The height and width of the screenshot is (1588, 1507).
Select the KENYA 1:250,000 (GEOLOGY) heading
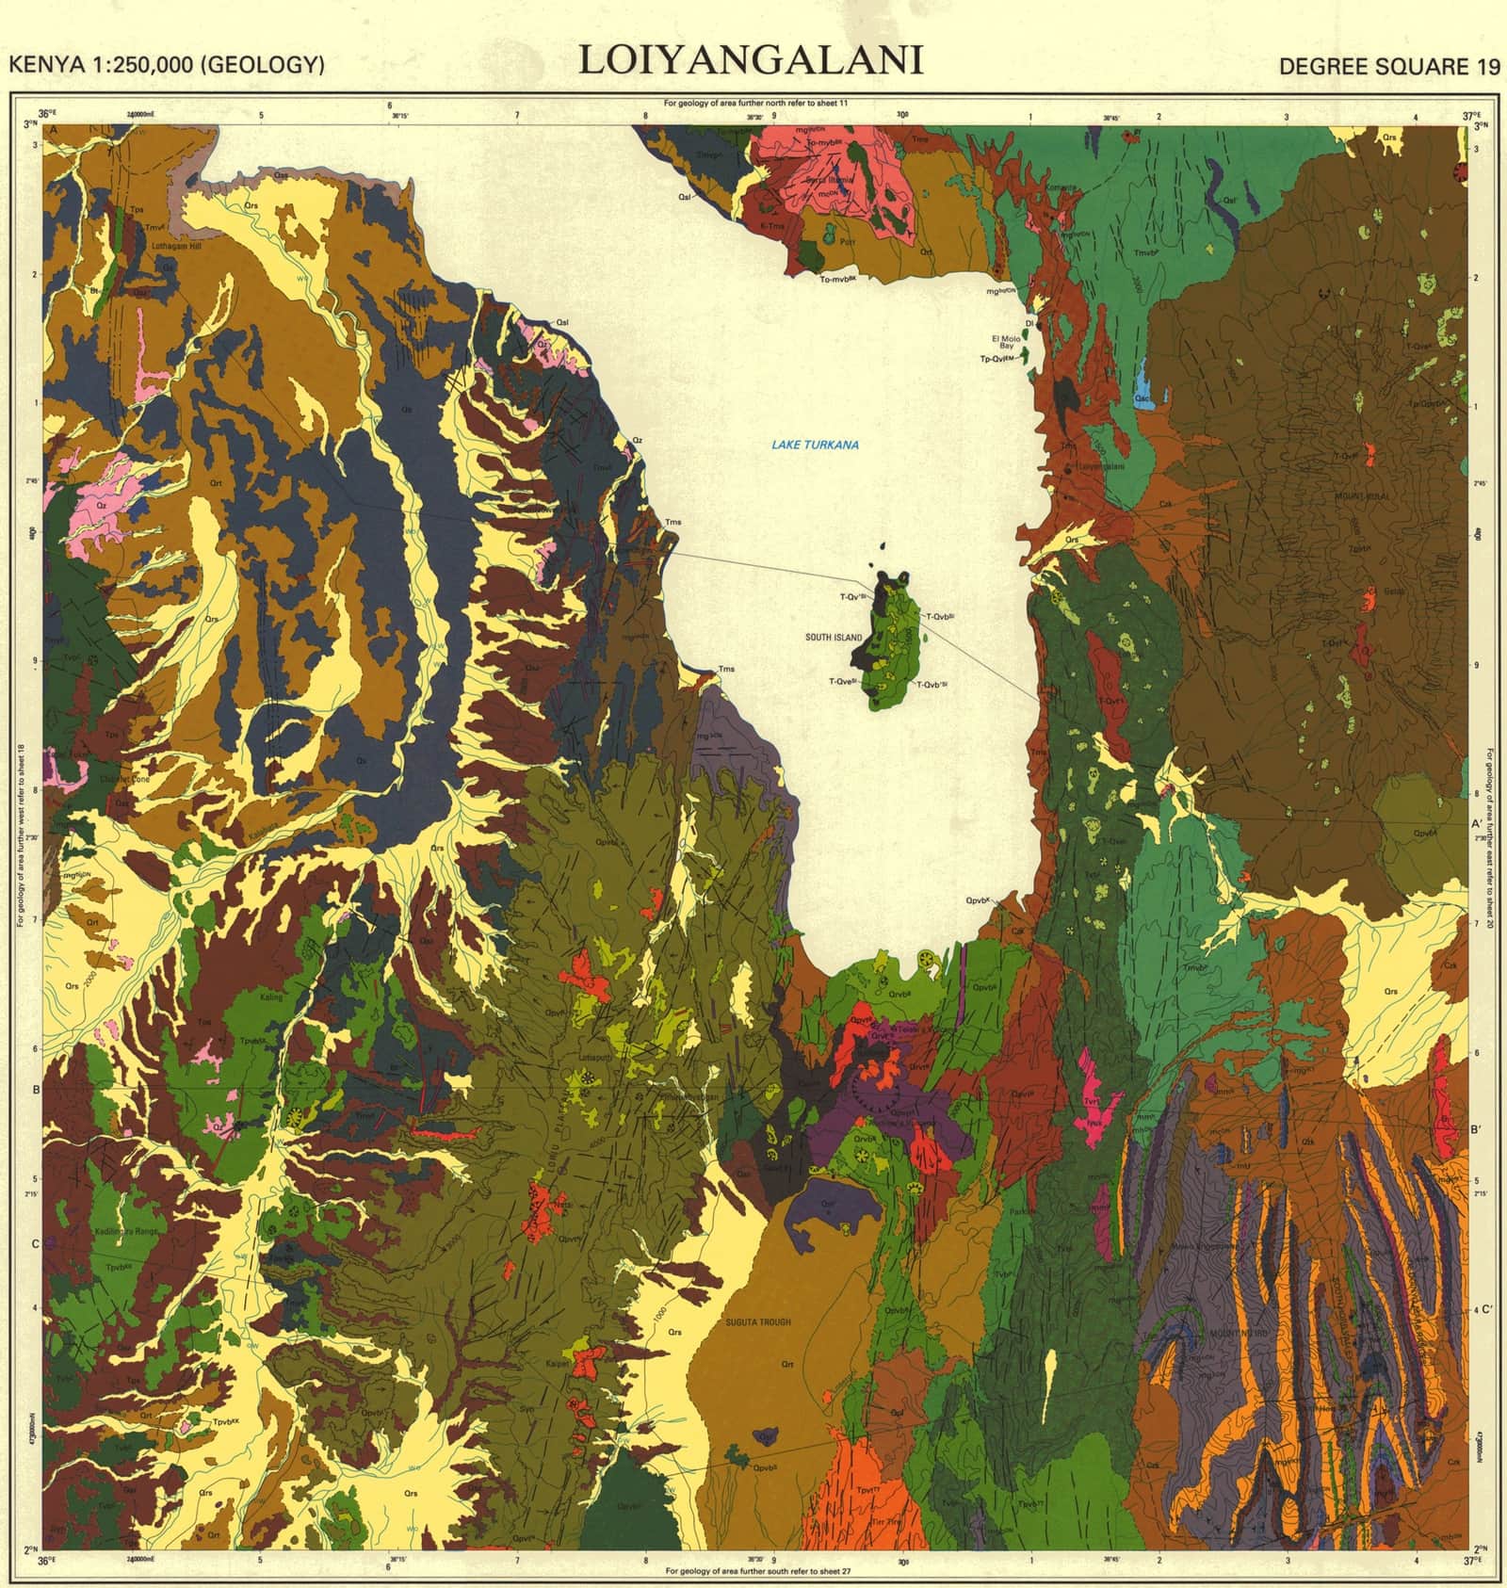[167, 65]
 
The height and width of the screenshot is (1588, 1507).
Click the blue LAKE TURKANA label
[815, 445]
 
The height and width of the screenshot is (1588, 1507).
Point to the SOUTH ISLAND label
[833, 638]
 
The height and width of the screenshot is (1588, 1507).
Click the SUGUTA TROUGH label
[759, 1322]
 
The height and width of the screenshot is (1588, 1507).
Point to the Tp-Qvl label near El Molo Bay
[1000, 360]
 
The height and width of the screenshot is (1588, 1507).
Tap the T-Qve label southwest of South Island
[841, 681]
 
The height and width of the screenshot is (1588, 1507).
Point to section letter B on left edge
[35, 1090]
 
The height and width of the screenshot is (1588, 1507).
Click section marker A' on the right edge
[1476, 822]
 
